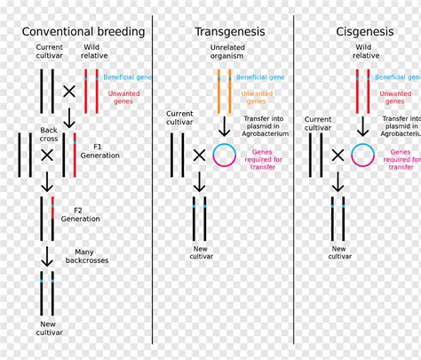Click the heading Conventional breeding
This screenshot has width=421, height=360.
tap(83, 32)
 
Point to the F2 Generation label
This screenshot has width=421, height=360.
tap(81, 213)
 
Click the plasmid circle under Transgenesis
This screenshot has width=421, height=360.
tap(224, 155)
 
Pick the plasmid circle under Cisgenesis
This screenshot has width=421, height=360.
tap(361, 155)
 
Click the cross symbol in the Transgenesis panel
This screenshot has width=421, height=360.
tap(199, 155)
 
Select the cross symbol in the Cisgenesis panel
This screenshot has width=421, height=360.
tap(338, 155)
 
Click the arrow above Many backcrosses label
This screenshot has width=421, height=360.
tap(47, 256)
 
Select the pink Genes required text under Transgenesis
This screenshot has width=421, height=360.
tap(262, 157)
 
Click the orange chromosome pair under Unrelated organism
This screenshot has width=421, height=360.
tap(224, 92)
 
